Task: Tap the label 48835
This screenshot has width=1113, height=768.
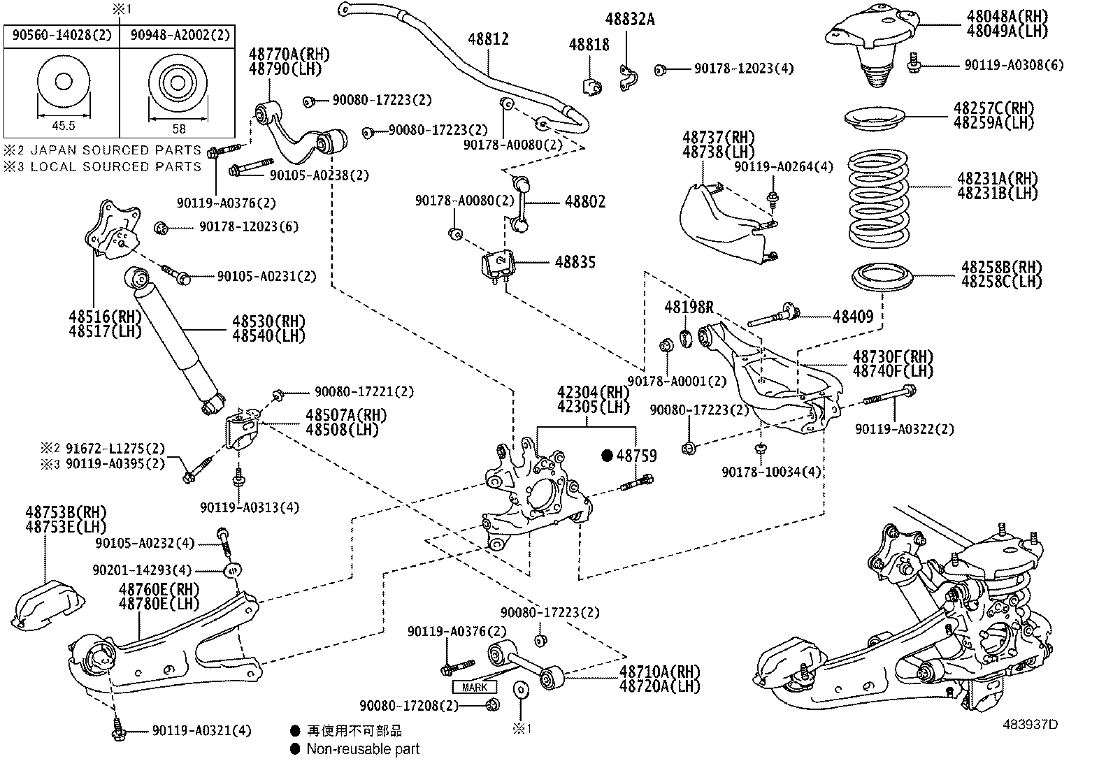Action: [575, 262]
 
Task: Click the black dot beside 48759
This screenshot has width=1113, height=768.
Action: [607, 456]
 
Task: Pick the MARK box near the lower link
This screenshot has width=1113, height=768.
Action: [475, 687]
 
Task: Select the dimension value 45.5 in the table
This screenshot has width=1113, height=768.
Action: [63, 126]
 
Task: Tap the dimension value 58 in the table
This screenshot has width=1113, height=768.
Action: [179, 129]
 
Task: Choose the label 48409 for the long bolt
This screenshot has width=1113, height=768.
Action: [853, 317]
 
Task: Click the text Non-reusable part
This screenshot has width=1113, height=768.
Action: [363, 749]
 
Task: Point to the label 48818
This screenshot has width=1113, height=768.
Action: [589, 45]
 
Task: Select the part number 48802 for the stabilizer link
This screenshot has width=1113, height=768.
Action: [585, 202]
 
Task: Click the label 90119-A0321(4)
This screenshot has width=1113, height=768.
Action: [201, 731]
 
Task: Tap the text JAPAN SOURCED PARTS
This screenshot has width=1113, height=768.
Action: [115, 150]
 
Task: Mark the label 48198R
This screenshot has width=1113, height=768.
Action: [689, 307]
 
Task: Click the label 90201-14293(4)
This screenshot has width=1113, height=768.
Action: [142, 570]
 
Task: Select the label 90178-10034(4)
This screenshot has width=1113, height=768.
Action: [771, 472]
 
